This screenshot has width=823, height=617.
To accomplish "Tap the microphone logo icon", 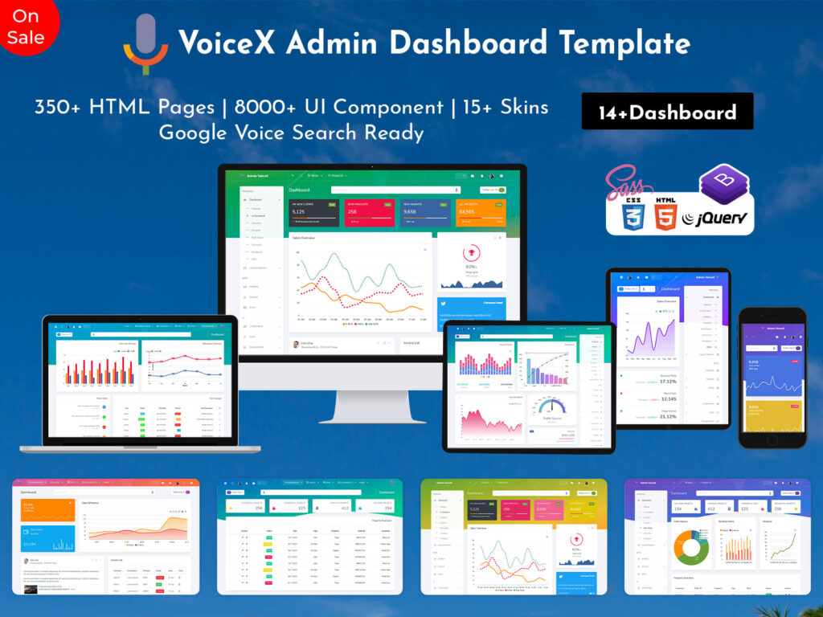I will click(145, 44).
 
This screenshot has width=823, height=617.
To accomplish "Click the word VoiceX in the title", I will click(227, 43).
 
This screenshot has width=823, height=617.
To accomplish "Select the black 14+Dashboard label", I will click(667, 112).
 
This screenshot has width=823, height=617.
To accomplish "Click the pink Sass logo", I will click(625, 178).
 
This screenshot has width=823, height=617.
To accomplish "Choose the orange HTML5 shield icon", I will click(665, 215).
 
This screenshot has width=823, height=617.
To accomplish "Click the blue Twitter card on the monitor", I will click(472, 308).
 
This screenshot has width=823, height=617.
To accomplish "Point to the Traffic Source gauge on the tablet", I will click(552, 408).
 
